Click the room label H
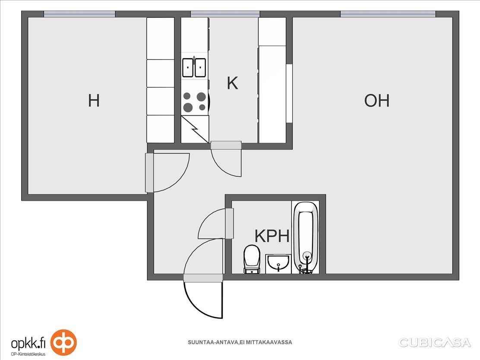point(94,101)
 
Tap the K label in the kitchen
point(232,83)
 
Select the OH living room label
point(377,101)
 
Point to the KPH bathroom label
point(272,236)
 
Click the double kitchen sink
point(194,67)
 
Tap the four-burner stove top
point(194,101)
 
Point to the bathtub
point(306,237)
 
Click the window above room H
point(79,14)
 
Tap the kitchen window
point(225,14)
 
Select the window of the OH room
point(388,14)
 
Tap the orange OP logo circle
point(63,343)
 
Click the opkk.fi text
point(28,343)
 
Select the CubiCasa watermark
point(434,343)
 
